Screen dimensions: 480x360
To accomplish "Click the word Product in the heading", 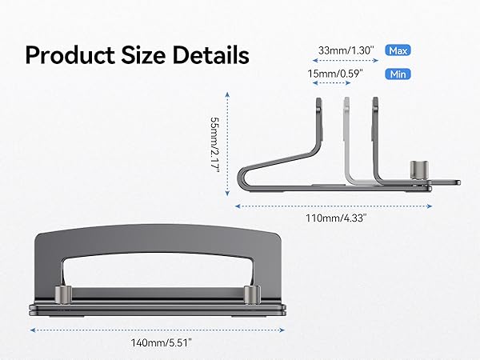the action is [70, 55].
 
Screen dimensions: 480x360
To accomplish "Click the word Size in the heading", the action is [143, 55].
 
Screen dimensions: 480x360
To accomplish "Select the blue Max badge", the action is [398, 50].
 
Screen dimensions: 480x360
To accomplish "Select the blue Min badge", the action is [398, 74].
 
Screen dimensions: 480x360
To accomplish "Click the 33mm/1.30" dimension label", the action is [346, 50].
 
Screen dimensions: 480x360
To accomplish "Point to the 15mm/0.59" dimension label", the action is [335, 74].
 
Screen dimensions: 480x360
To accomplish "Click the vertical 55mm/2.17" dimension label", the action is [215, 145].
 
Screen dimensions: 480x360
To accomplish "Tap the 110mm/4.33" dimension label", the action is [336, 218].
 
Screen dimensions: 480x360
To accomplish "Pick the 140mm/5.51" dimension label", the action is [162, 342].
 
